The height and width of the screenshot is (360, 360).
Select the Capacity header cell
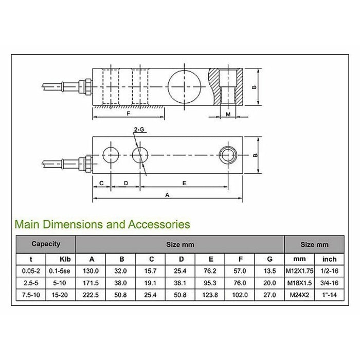46,244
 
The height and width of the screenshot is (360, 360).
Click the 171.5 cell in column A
91,283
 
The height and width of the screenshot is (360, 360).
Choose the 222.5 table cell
91,295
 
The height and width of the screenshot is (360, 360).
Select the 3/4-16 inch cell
329,283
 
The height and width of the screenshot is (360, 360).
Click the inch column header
329,259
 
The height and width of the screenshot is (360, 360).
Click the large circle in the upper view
184,84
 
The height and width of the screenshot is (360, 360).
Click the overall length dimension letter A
167,195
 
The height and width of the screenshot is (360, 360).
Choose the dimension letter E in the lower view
184,183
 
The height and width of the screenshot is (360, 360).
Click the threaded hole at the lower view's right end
227,154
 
